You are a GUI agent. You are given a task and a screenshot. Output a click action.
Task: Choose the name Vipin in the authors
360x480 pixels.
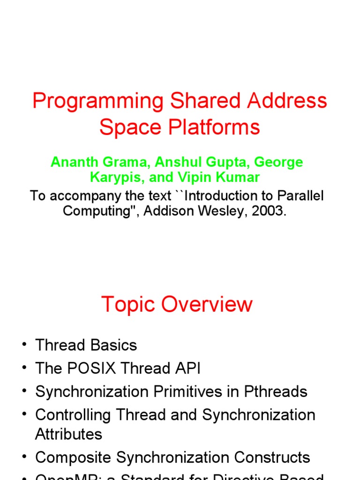(195, 178)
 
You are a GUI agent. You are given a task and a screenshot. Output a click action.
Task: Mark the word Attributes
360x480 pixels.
(68, 434)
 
